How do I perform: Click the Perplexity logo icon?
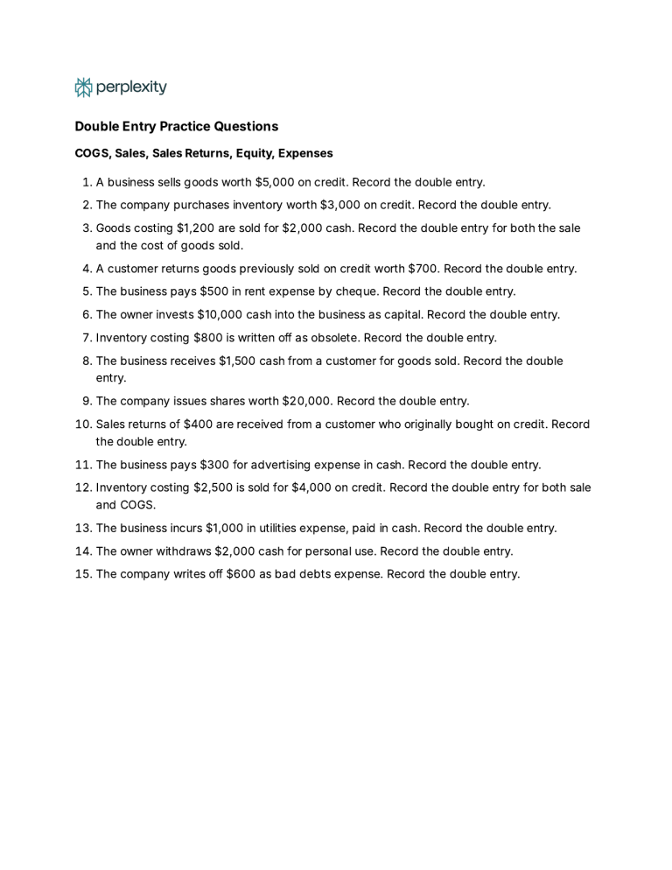pos(83,88)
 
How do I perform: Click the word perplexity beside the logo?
pos(131,88)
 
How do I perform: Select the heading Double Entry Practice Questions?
pos(176,126)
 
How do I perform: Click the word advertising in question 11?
pos(336,465)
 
